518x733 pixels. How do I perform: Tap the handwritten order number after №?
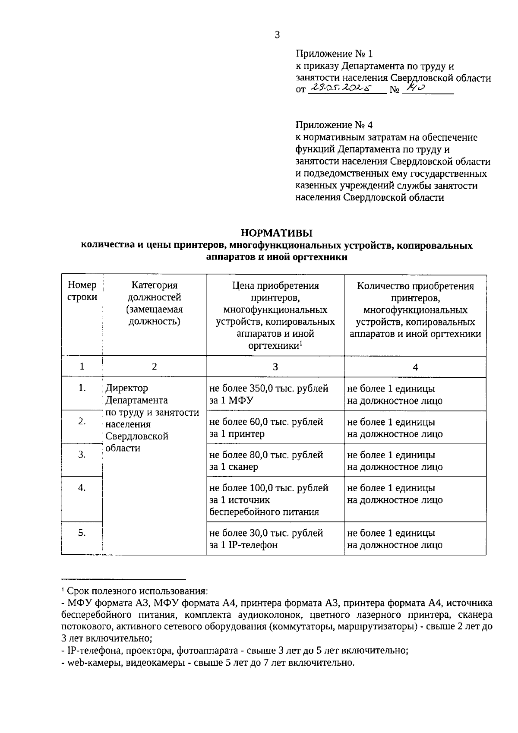click(416, 88)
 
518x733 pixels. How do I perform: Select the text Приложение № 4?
click(334, 125)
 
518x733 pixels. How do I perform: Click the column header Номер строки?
click(82, 291)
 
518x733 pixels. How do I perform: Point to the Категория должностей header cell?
click(155, 303)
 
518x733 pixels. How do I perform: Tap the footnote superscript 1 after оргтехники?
click(301, 343)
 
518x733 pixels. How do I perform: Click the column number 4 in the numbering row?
click(415, 367)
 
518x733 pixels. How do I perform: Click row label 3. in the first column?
click(82, 454)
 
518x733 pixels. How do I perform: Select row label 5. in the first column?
click(82, 533)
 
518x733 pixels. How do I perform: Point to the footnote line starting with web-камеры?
click(208, 663)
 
